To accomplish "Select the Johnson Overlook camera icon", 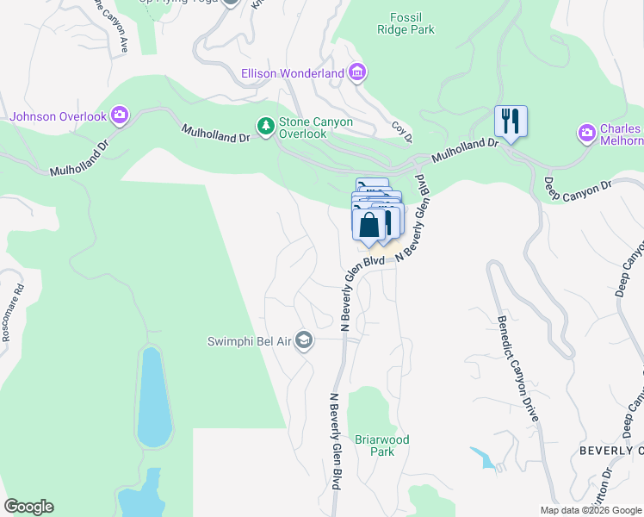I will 120,115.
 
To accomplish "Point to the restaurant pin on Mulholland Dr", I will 511,121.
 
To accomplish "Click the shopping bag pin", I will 368,224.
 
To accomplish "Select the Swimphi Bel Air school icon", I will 303,341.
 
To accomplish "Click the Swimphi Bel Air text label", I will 249,341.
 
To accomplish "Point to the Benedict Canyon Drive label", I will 517,369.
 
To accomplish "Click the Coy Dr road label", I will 402,132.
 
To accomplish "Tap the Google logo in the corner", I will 28,507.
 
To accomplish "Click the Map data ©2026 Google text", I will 590,510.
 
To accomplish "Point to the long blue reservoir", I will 151,396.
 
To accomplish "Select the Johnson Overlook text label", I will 58,115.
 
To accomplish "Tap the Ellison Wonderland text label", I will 293,74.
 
